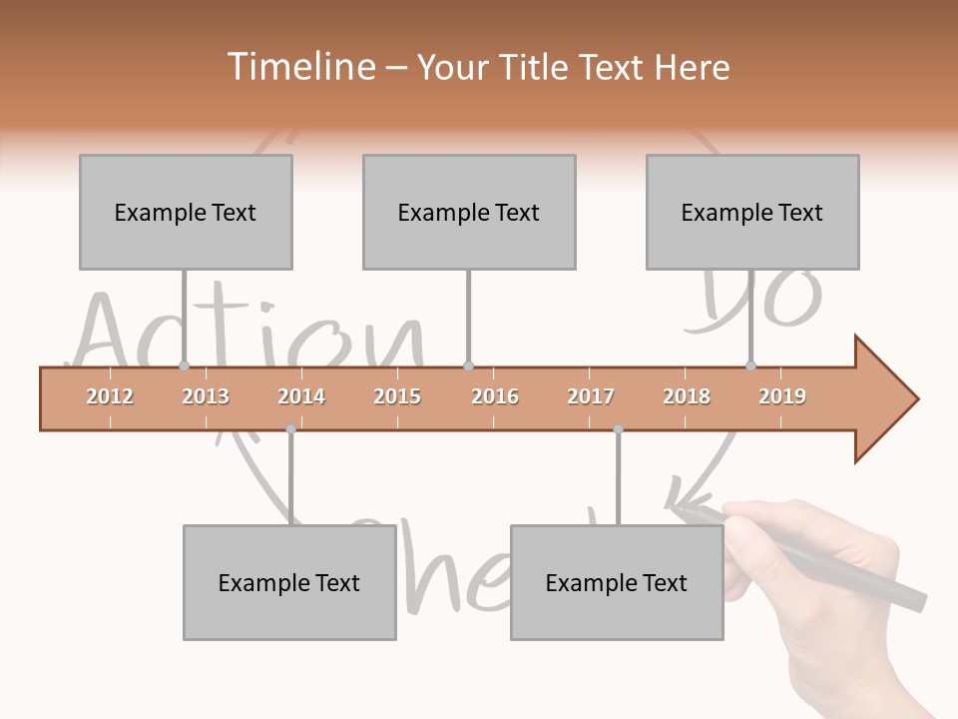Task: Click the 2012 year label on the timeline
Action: (110, 396)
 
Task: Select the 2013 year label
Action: (206, 396)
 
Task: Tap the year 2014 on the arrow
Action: (301, 396)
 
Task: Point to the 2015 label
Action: (397, 396)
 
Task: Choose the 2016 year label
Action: (495, 396)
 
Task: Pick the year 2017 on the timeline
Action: (591, 396)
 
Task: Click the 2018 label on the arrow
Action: (687, 396)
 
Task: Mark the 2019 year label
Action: (782, 396)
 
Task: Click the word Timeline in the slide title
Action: (298, 67)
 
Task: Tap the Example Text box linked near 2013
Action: (186, 212)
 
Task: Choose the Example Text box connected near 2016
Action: (469, 212)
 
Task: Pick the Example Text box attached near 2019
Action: (752, 212)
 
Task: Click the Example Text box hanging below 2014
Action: (289, 582)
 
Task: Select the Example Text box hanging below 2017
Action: (617, 582)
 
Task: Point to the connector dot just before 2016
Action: (469, 366)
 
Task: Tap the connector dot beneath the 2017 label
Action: (618, 429)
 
